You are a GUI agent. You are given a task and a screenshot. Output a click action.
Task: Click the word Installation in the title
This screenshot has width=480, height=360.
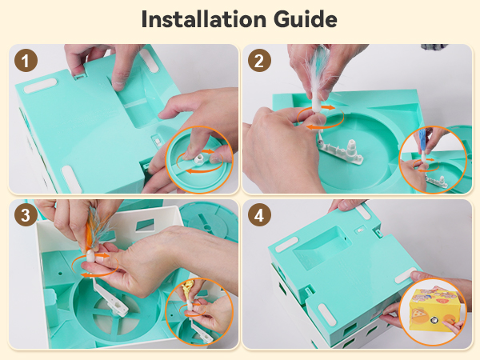point(204,19)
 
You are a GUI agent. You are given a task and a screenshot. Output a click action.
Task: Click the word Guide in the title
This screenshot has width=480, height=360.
point(306,19)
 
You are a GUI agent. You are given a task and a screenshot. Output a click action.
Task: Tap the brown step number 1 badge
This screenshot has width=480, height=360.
point(26,61)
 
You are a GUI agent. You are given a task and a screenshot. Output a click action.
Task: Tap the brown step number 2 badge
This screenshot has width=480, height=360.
point(259,61)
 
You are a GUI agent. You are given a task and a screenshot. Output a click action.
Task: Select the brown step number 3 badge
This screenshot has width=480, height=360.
point(26,215)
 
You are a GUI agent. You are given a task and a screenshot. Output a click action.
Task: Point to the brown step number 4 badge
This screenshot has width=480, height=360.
point(259,215)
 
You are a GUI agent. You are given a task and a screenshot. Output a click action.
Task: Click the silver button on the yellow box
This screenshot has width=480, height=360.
point(434,320)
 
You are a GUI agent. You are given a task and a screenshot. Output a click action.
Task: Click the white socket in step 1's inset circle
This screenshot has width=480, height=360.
point(198,159)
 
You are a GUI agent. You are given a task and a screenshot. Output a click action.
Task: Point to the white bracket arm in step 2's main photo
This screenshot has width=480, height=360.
point(341,151)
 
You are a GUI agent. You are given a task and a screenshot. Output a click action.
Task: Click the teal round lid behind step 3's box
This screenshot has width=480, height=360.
point(209,222)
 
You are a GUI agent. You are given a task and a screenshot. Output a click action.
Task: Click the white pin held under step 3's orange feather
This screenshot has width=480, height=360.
point(91,256)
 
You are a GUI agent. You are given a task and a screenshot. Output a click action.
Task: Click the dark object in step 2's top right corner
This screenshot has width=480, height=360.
point(434,47)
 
